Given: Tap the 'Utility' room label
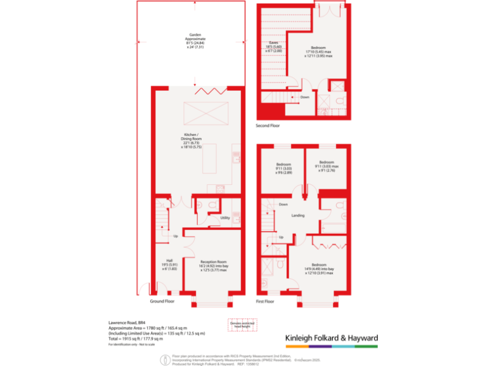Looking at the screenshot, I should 224,218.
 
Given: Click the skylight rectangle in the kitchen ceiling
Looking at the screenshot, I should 201,114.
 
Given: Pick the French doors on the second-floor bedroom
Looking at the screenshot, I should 331,11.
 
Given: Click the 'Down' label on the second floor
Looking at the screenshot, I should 305,97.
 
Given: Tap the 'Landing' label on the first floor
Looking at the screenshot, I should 297,215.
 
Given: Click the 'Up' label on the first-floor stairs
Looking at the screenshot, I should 281,238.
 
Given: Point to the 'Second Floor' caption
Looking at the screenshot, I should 268,126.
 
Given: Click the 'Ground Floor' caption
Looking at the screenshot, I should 162,301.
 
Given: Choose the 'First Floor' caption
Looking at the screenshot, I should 264,301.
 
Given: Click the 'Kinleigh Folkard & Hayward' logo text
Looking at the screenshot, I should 332,337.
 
